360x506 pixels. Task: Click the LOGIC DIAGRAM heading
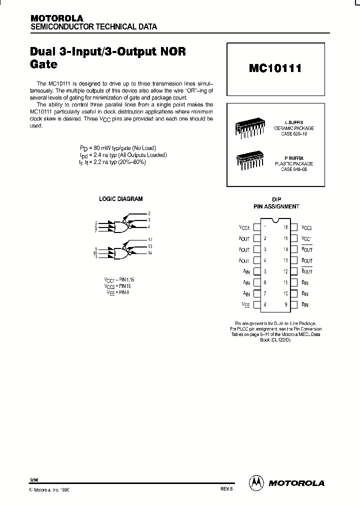pos(120,199)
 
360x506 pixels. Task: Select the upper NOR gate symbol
pos(121,226)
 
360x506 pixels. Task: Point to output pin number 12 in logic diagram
pos(150,240)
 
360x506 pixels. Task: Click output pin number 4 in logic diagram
pos(149,226)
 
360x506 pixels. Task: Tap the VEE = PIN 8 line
pos(116,292)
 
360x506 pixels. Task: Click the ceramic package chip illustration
pos(249,128)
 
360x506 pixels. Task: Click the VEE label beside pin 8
pos(245,304)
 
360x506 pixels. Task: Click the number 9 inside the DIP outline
pos(285,304)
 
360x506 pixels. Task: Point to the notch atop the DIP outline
pos(274,220)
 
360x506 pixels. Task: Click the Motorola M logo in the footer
pos(256,483)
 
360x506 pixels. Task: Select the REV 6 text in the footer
pos(226,490)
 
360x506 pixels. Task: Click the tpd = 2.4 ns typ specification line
pos(123,155)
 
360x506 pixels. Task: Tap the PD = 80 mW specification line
pos(118,148)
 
